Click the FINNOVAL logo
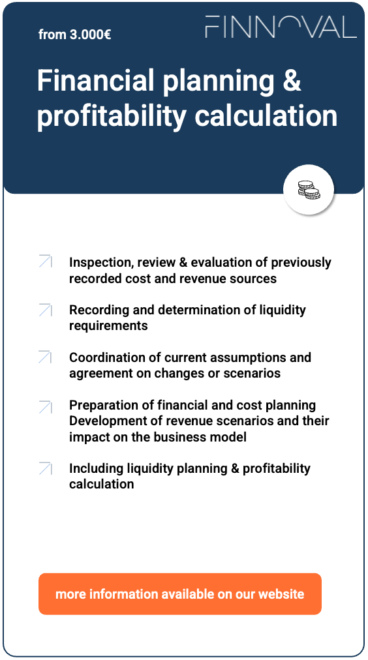pos(281,27)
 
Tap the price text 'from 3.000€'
pos(74,35)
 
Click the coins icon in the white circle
pos(309,190)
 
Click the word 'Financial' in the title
pos(91,81)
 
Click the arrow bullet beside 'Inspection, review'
pos(45,262)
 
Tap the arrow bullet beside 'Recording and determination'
pos(45,310)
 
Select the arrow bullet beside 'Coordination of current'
pos(45,357)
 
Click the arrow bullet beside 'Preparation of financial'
pos(45,406)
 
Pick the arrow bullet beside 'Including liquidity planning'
pos(45,468)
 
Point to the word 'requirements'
pos(108,325)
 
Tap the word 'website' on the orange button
pos(281,594)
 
